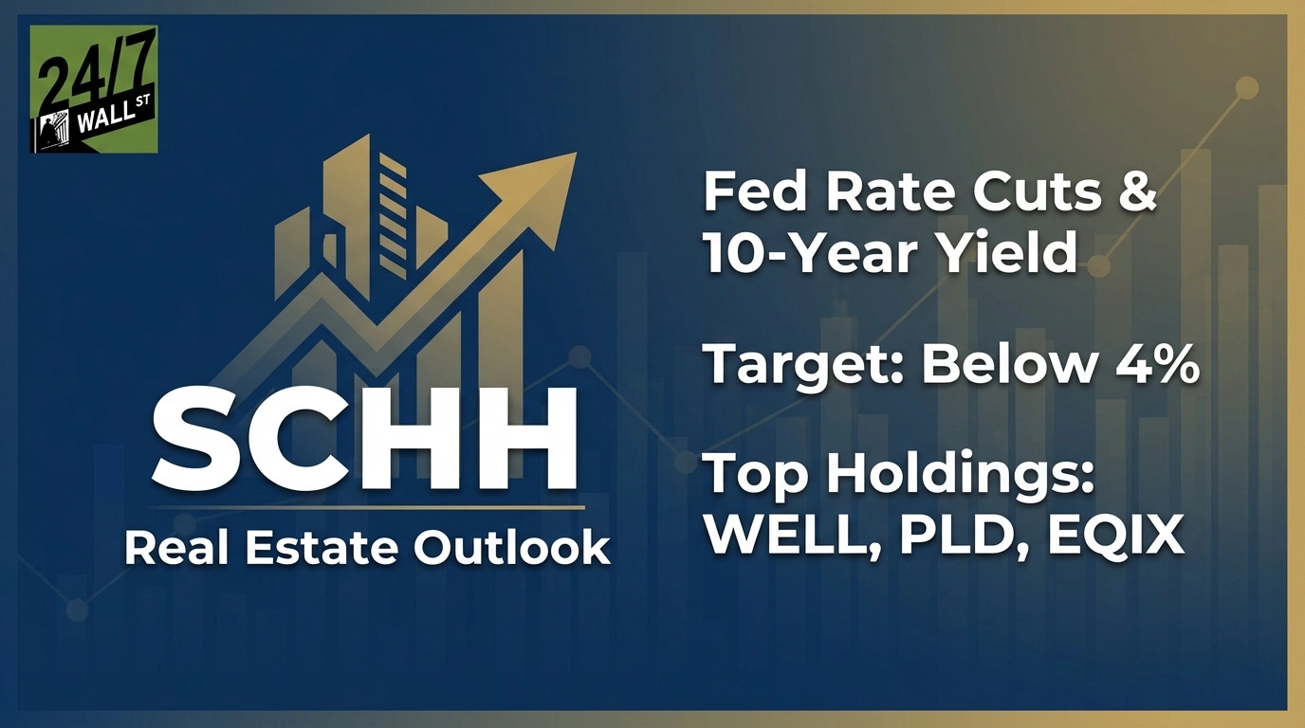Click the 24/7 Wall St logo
point(94,89)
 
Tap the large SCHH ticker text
point(365,441)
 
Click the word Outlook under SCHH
point(512,548)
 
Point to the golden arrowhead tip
point(576,154)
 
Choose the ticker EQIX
point(1115,535)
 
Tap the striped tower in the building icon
point(393,215)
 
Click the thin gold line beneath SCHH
point(366,509)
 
